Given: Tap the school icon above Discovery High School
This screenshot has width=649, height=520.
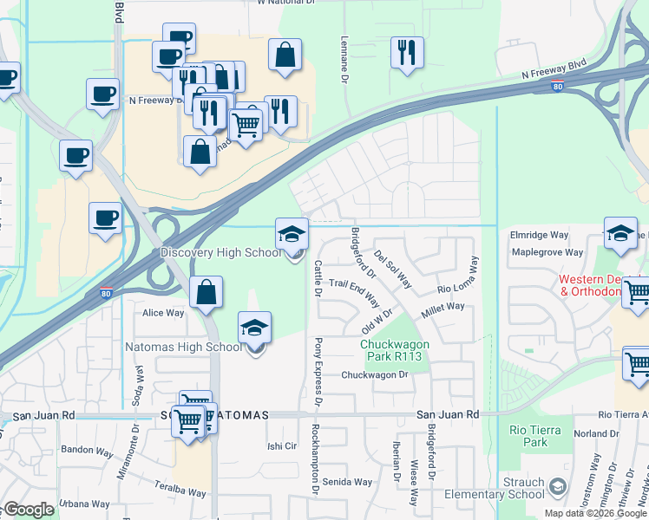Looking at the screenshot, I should click(x=292, y=233).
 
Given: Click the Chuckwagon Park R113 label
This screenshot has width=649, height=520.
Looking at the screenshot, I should click(x=395, y=350).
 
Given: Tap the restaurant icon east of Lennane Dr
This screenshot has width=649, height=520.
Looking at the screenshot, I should click(x=406, y=53).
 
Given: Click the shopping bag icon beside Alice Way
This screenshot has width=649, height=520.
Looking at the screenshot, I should click(x=206, y=293).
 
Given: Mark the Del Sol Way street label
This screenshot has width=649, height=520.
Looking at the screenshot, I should click(x=393, y=269).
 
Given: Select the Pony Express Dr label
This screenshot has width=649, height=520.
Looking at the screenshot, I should click(x=318, y=372).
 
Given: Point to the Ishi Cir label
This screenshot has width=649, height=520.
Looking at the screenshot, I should click(x=282, y=446).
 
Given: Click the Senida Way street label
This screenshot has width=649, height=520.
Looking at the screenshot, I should click(x=347, y=482).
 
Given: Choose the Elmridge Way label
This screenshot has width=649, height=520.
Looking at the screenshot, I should click(x=540, y=235).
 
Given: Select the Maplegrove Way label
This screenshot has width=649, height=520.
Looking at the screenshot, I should click(x=547, y=252).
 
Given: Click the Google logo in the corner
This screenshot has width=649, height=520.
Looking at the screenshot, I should click(x=29, y=510).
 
